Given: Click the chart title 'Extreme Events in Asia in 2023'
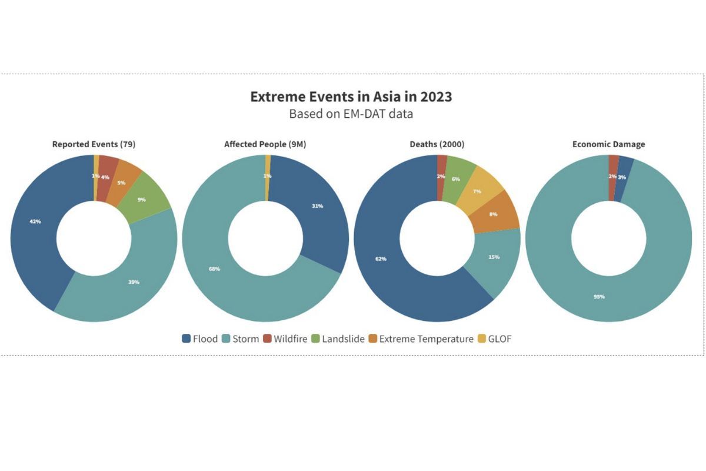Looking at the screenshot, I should click(x=351, y=97).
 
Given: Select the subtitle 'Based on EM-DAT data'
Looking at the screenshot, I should click(x=351, y=114).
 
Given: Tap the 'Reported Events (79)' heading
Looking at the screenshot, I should click(x=94, y=144).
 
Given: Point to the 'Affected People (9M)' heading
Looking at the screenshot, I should click(x=265, y=144).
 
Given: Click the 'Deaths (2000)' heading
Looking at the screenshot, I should click(x=437, y=144).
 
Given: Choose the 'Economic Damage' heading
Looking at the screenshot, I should click(x=608, y=144).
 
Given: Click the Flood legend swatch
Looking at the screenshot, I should click(x=187, y=339).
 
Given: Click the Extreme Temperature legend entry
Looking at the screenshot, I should click(x=420, y=339).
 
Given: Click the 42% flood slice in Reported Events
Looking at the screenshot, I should click(x=35, y=222).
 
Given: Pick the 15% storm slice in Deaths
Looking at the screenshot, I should click(x=493, y=257).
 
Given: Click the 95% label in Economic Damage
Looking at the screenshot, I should click(x=599, y=297).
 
